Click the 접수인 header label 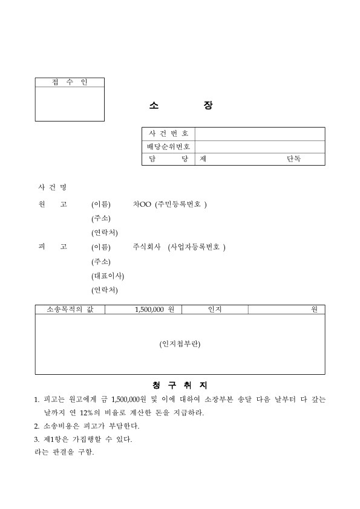[70, 82]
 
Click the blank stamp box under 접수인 [70, 104]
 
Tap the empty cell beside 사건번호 [260, 134]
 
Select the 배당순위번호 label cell [169, 146]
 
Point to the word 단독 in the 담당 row [294, 159]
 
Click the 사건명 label [52, 187]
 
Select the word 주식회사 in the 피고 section [146, 247]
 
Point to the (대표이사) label [108, 276]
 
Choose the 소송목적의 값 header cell [70, 310]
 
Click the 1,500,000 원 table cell [154, 310]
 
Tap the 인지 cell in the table [215, 310]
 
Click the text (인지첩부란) [180, 344]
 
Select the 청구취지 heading [180, 384]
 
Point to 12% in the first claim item [81, 413]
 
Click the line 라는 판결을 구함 [64, 452]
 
